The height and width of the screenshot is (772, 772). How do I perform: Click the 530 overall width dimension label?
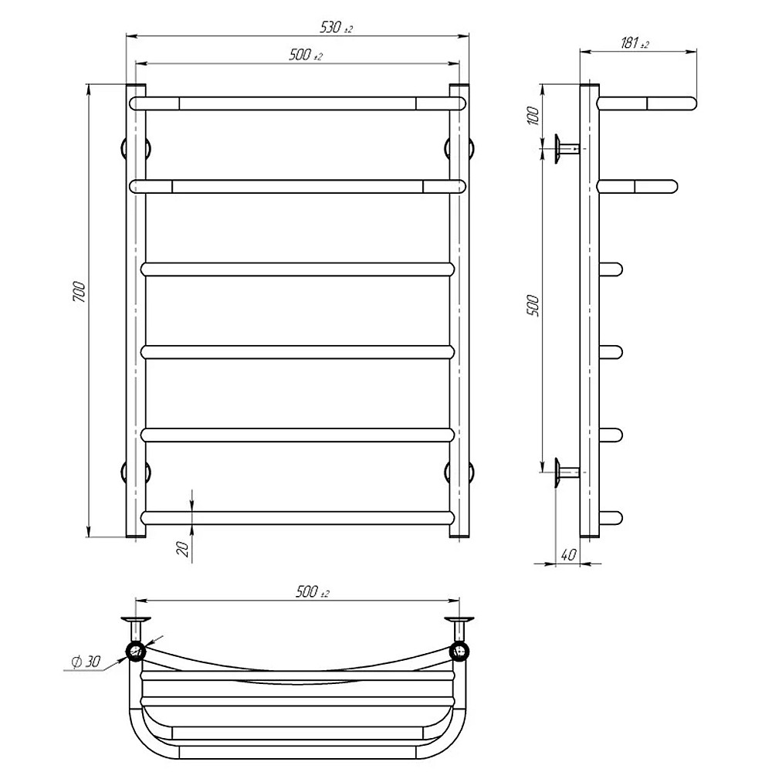click(337, 27)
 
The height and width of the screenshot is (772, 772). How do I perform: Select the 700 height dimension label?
click(80, 292)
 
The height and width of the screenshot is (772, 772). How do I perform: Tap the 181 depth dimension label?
click(635, 43)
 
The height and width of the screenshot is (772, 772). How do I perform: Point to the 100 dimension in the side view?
click(533, 117)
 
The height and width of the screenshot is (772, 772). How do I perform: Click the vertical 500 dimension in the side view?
click(533, 305)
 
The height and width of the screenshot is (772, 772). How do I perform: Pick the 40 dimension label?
click(568, 554)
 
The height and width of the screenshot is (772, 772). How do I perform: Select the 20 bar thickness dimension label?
click(183, 548)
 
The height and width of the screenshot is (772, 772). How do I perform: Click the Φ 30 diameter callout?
click(86, 662)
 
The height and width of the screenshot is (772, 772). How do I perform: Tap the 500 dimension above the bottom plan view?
click(312, 591)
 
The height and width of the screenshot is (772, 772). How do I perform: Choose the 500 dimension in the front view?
click(306, 55)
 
